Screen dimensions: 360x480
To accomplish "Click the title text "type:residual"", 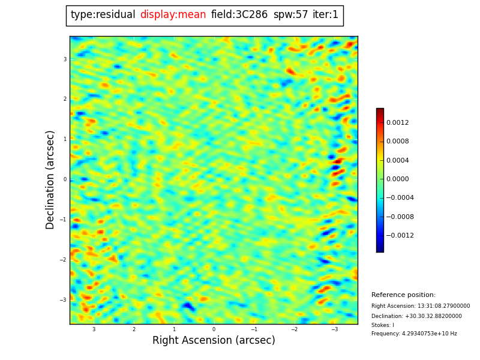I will click(103, 15).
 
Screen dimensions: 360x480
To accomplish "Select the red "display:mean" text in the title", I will click(173, 15).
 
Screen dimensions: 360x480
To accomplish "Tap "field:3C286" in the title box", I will click(239, 15).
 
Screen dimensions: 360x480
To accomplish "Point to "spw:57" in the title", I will click(290, 15).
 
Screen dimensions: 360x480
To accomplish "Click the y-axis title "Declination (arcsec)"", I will click(50, 179).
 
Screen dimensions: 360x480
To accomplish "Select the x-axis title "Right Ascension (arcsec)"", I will click(214, 341).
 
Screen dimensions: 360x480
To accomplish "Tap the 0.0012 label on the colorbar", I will click(397, 123).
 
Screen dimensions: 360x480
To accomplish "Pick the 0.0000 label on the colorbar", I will click(397, 179).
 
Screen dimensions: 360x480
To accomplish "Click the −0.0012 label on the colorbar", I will click(400, 236).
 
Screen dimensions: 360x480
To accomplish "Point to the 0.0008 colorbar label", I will click(397, 142).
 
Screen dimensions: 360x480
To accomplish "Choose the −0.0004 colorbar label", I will click(400, 198).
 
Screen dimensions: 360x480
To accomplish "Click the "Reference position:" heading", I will click(403, 295).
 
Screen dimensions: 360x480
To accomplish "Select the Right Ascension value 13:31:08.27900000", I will click(442, 306).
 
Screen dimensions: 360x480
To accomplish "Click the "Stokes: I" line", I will click(383, 325).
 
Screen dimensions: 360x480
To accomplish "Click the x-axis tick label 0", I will click(214, 329).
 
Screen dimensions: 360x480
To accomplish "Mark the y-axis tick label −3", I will click(63, 300).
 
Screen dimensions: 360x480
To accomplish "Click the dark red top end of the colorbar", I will click(380, 111).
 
